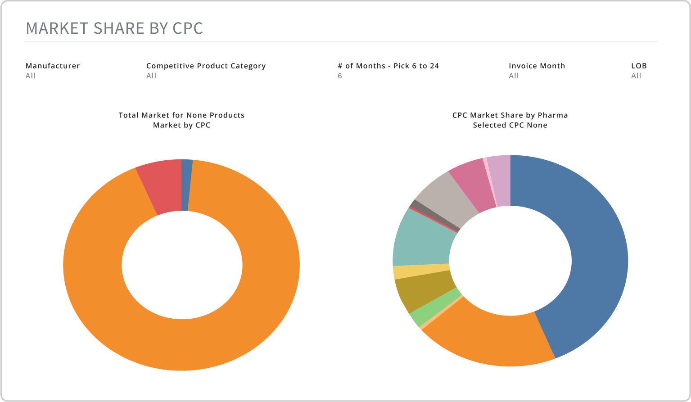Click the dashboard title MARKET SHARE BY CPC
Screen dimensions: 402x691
(114, 28)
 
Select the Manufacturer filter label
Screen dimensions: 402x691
(53, 66)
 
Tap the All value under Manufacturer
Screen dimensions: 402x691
(30, 76)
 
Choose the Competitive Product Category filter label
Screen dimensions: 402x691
(206, 66)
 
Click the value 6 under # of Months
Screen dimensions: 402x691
(340, 76)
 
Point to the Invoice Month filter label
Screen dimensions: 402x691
(537, 66)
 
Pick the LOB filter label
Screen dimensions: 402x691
(639, 66)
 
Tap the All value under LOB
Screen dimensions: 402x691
(636, 76)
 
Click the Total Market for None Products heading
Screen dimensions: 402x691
(181, 115)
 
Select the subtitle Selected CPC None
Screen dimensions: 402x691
(510, 125)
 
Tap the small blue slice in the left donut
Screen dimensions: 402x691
(186, 185)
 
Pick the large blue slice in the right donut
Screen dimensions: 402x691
(594, 252)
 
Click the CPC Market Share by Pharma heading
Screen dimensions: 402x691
(510, 115)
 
